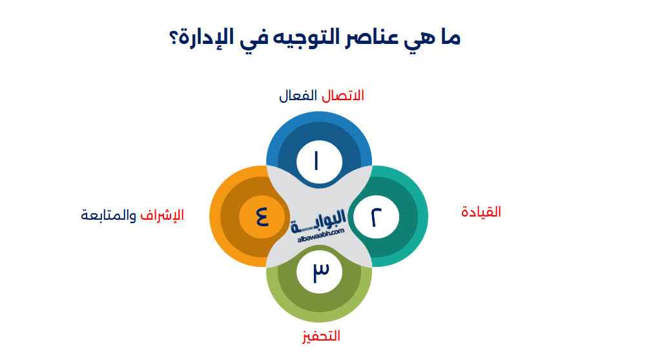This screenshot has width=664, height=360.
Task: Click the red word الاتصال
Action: [343, 96]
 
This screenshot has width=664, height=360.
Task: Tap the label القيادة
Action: [481, 211]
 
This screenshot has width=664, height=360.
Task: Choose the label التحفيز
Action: [318, 336]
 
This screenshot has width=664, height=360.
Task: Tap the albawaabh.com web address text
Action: [321, 237]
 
